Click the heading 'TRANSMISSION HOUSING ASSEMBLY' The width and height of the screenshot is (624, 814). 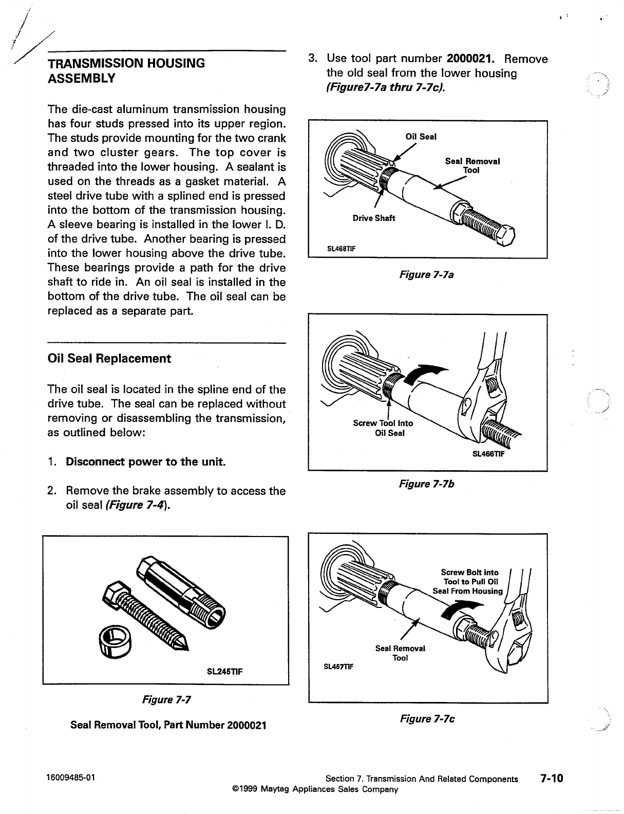pyautogui.click(x=126, y=71)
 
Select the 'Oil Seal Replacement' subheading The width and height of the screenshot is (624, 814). pyautogui.click(x=109, y=358)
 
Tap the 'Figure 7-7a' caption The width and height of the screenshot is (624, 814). pyautogui.click(x=426, y=275)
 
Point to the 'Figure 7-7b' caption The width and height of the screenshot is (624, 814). pyautogui.click(x=426, y=484)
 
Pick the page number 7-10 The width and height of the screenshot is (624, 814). pyautogui.click(x=551, y=778)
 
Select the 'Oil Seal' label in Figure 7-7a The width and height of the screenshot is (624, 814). pyautogui.click(x=421, y=137)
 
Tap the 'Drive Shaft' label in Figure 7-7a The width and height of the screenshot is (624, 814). pyautogui.click(x=374, y=218)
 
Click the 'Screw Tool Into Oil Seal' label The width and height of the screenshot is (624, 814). pyautogui.click(x=383, y=428)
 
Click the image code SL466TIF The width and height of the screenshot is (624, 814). pyautogui.click(x=488, y=454)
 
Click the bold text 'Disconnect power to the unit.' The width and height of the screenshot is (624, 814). pyautogui.click(x=146, y=461)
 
